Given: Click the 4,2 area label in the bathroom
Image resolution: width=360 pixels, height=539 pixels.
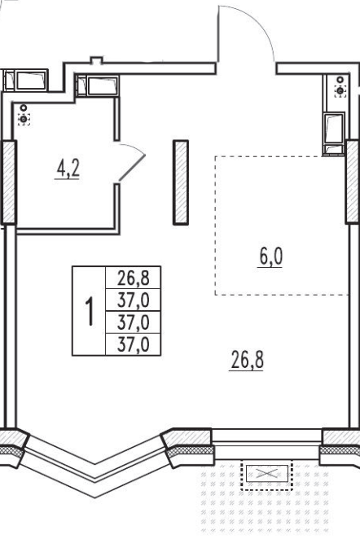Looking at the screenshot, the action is pyautogui.click(x=68, y=169).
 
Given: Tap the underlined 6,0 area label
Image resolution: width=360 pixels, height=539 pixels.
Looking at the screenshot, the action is pyautogui.click(x=270, y=256).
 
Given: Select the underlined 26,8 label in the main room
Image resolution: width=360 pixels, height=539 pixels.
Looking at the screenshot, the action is pyautogui.click(x=248, y=360).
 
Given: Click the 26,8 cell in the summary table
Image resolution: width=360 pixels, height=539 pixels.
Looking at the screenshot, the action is pyautogui.click(x=133, y=278).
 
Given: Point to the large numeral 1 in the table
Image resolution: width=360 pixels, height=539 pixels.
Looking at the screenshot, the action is pyautogui.click(x=89, y=311).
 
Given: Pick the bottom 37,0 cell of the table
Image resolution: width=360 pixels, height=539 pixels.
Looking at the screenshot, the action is pyautogui.click(x=133, y=344).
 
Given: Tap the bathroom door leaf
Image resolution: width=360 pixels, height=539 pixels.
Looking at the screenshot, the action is pyautogui.click(x=132, y=168).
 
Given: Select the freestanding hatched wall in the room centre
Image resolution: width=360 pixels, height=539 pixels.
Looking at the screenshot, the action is pyautogui.click(x=181, y=182).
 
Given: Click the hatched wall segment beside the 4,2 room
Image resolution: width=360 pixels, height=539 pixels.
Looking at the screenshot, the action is pyautogui.click(x=9, y=182).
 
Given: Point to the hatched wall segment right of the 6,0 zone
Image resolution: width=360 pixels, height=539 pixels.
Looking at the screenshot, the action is pyautogui.click(x=353, y=182).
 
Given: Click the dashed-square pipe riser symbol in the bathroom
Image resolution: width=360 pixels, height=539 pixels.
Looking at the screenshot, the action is pyautogui.click(x=24, y=120).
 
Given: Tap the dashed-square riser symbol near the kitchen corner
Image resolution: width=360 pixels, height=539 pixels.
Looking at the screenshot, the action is pyautogui.click(x=340, y=91).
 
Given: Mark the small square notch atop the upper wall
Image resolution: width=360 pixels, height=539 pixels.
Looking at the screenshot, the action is pyautogui.click(x=97, y=60).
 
